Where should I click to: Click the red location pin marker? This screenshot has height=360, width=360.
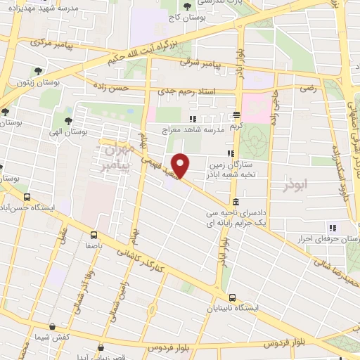click(x=181, y=165)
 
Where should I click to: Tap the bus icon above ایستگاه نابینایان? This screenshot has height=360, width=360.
click(x=233, y=297)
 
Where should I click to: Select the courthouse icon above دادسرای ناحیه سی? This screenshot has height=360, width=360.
click(x=233, y=202)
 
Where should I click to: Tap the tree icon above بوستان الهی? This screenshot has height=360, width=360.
click(x=67, y=120)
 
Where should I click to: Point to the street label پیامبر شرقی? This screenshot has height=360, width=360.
click(x=200, y=64)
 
